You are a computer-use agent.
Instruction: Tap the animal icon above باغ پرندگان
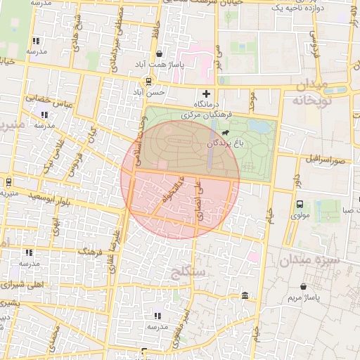pos(225,133)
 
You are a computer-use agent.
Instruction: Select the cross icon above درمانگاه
pos(206,94)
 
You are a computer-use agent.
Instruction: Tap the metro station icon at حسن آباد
pos(148,81)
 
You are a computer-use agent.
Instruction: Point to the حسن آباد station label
pos(152,91)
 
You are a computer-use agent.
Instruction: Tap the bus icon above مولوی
pos(300,205)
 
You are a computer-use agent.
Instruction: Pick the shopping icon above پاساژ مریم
pos(303,287)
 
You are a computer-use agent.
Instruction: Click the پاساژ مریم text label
pos(303,299)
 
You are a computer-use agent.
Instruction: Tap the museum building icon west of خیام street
pos(244,295)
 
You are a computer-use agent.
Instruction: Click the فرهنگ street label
pos(91,251)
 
